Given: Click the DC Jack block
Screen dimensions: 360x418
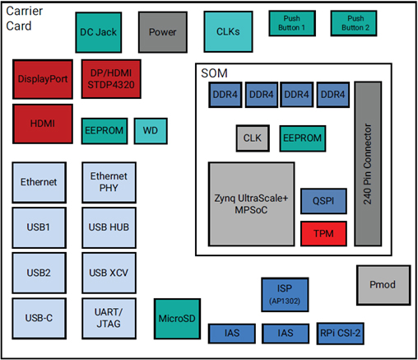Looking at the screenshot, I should click(98, 31).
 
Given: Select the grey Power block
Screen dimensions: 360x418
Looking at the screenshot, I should click(163, 31).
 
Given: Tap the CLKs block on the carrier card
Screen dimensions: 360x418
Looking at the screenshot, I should click(228, 31).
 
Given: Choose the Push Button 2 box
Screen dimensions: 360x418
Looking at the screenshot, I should click(355, 23).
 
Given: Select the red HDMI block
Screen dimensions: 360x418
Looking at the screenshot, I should click(43, 123).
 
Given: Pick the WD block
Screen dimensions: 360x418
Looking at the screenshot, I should click(151, 130).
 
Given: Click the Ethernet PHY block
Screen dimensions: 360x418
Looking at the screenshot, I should click(109, 182).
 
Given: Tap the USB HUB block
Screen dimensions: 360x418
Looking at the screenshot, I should click(109, 227).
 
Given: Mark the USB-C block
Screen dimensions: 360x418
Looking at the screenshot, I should click(39, 318).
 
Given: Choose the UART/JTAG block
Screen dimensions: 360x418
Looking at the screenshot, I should click(109, 318).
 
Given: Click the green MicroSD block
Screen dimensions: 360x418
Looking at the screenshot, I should click(177, 318).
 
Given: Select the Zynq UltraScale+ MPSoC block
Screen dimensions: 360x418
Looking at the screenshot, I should click(251, 204).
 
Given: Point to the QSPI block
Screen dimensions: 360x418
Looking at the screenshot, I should click(317, 199).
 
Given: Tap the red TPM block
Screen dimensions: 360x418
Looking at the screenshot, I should click(317, 233).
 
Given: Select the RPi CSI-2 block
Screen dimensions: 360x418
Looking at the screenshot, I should click(340, 334).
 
